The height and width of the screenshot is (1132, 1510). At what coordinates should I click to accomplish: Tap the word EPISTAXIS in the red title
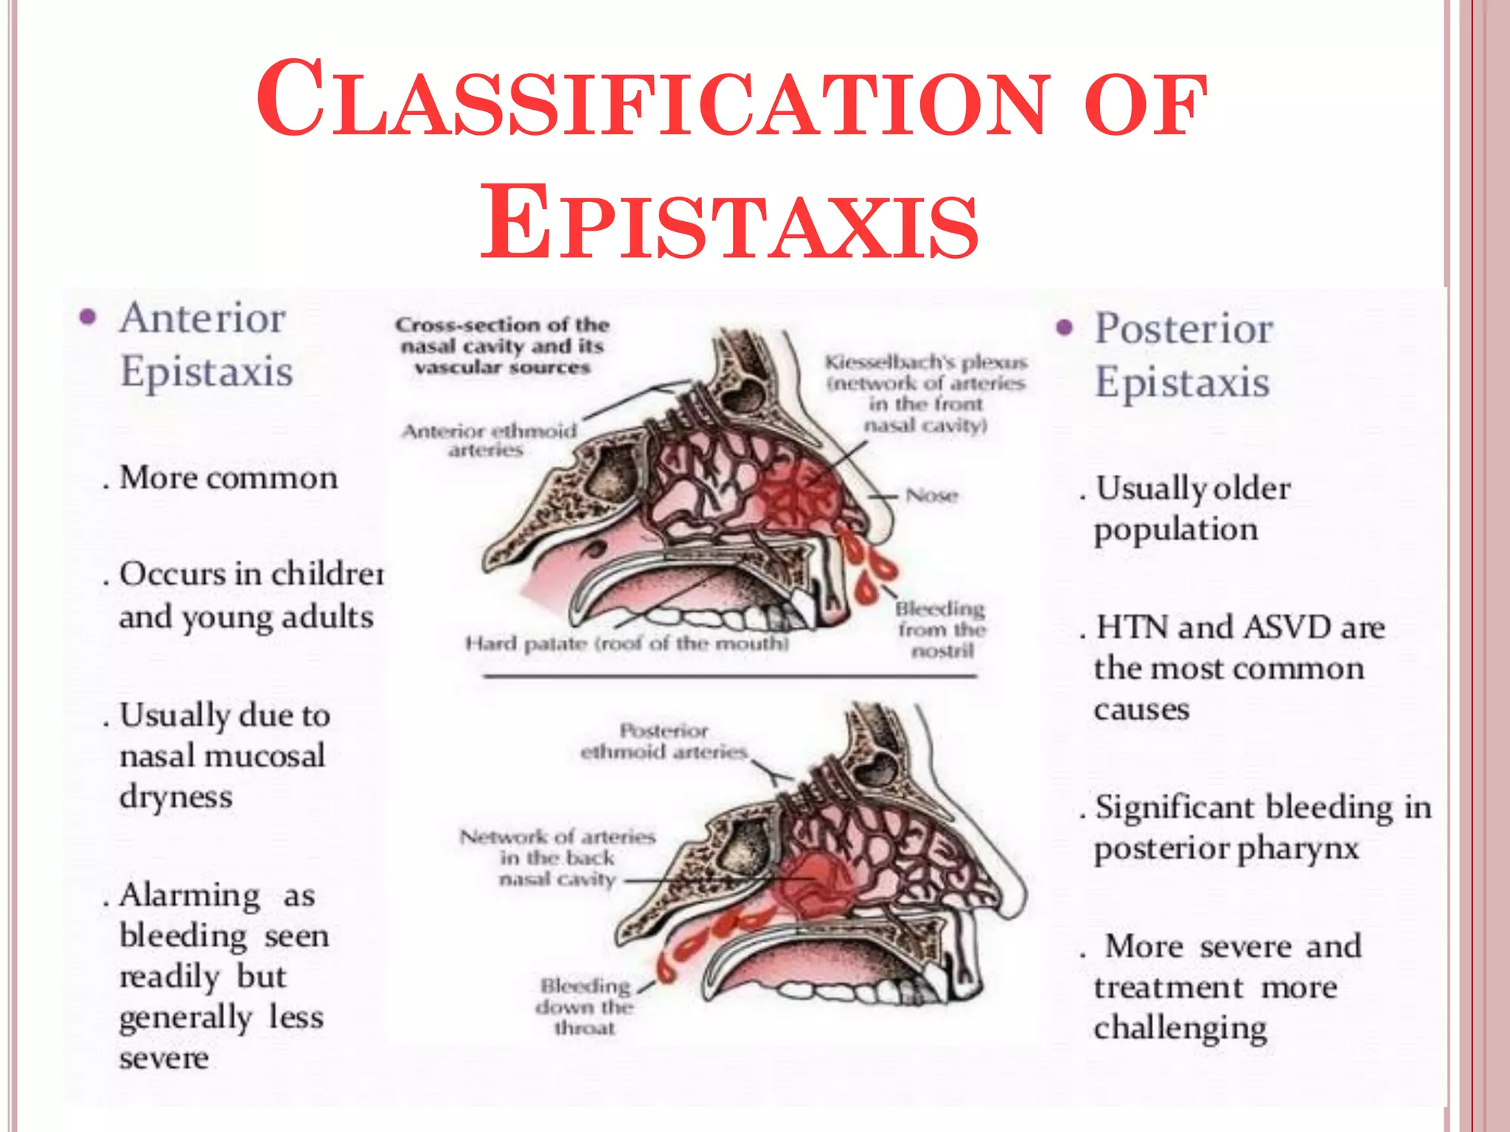[729, 222]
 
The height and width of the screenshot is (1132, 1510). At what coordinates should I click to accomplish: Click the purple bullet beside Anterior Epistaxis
[88, 318]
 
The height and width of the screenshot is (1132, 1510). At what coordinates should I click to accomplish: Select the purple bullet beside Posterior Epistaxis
[1064, 328]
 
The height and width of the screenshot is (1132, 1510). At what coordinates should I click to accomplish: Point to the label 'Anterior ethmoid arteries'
[489, 440]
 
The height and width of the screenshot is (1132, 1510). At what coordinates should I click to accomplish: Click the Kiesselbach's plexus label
[926, 394]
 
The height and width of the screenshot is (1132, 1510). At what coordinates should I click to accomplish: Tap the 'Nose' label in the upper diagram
[932, 495]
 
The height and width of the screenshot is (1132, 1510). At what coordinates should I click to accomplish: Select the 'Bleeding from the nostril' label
[942, 630]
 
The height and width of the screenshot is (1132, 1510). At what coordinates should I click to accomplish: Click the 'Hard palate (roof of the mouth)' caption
[627, 644]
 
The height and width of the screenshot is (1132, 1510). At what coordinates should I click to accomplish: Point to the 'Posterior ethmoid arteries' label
[664, 741]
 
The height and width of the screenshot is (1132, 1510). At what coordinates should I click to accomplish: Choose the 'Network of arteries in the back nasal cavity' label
[557, 858]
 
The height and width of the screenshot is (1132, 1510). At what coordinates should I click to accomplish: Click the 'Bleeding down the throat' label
[585, 1007]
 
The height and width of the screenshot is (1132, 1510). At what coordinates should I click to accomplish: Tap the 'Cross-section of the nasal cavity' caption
[502, 346]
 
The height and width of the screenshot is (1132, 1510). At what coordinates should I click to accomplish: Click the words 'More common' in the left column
[229, 478]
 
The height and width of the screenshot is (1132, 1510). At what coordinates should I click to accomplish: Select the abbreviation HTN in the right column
[1132, 628]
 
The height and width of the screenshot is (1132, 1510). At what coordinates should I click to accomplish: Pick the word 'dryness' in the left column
[175, 797]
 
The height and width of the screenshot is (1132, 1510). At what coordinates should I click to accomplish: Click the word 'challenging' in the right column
[1180, 1029]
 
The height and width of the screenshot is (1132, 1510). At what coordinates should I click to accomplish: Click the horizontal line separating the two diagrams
[730, 676]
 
